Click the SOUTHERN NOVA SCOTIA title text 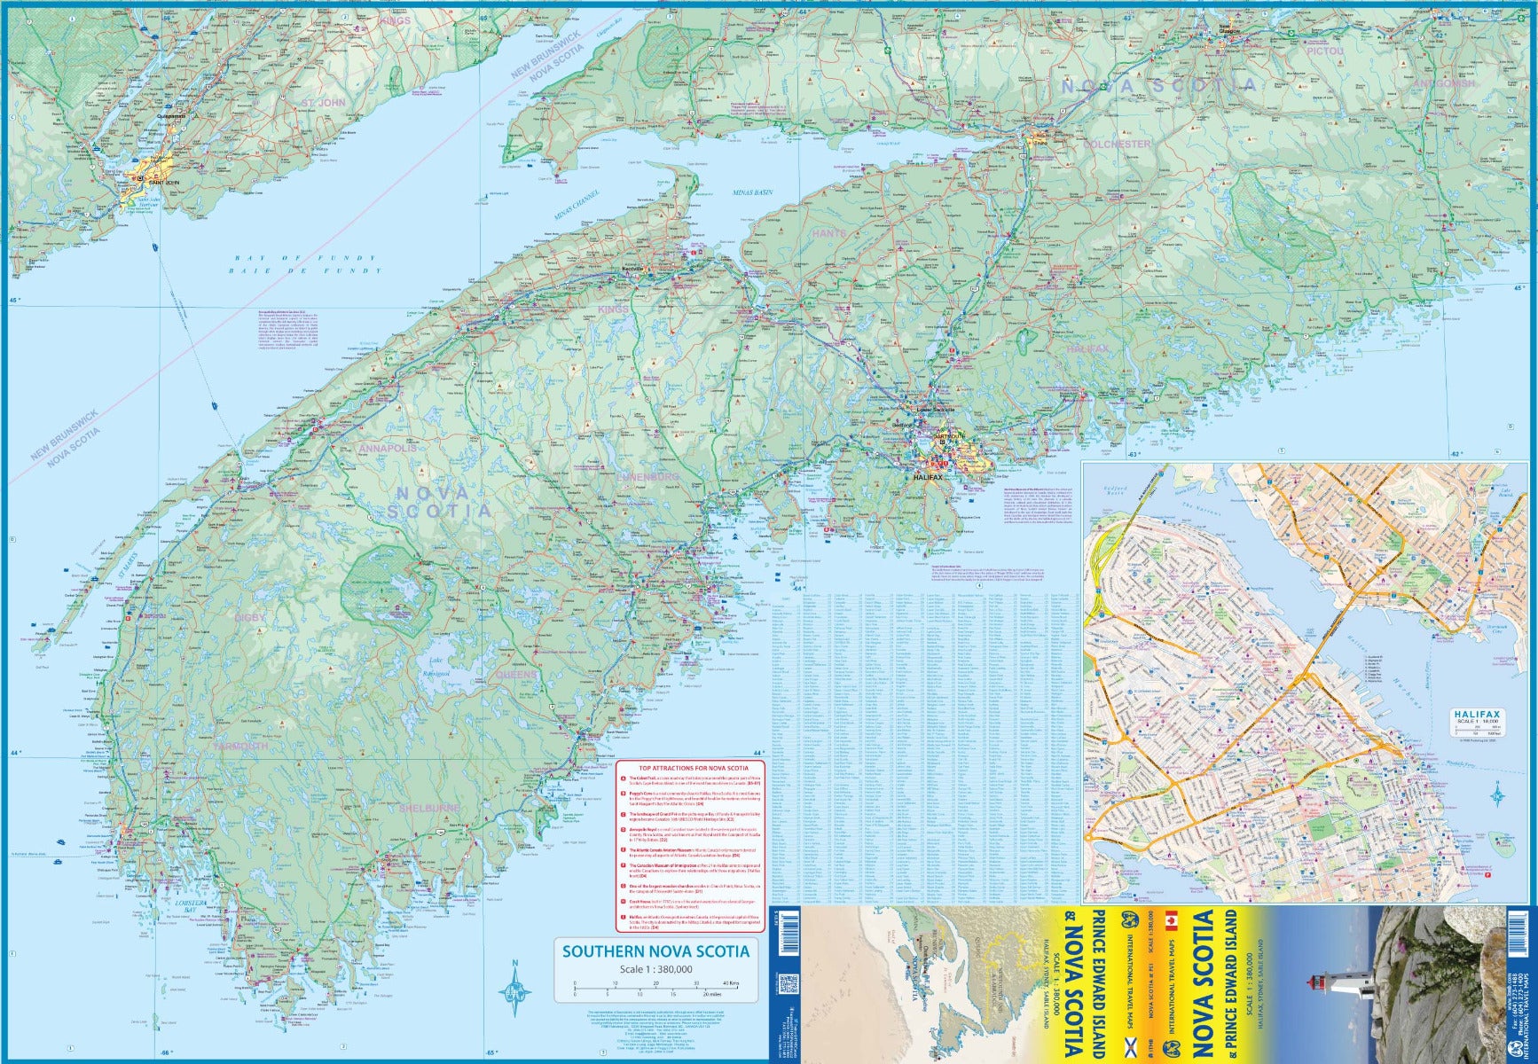(x=655, y=951)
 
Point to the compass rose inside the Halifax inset (x=1496, y=792)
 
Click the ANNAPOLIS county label (x=388, y=450)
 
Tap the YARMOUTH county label (x=239, y=747)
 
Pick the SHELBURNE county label (x=429, y=809)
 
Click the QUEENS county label (x=516, y=675)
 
